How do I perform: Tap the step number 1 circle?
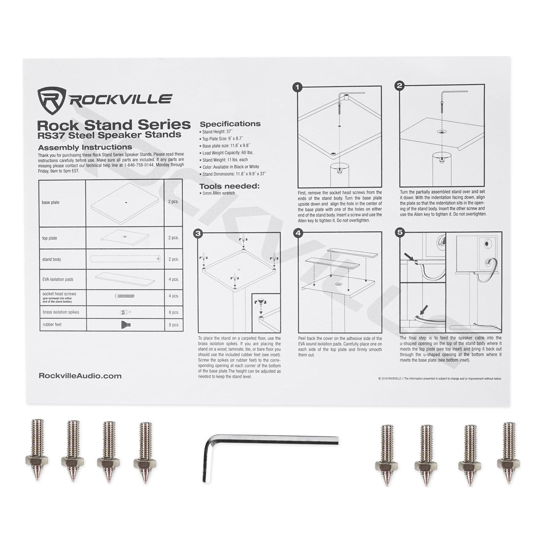click(298, 87)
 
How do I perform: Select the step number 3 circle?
click(198, 233)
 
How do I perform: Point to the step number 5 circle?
click(400, 232)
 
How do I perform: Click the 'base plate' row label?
click(51, 202)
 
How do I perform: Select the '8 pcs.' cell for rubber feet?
click(174, 325)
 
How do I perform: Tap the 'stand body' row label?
click(52, 259)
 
